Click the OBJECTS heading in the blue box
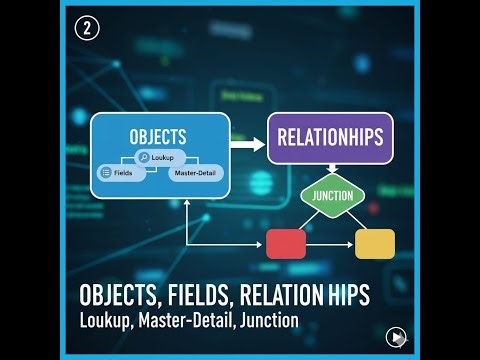tap(159, 136)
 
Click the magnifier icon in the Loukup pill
tap(145, 158)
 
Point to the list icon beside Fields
tap(104, 173)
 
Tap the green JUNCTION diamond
tap(333, 196)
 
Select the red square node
tap(285, 243)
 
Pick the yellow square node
tap(375, 243)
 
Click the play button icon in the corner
tap(398, 336)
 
